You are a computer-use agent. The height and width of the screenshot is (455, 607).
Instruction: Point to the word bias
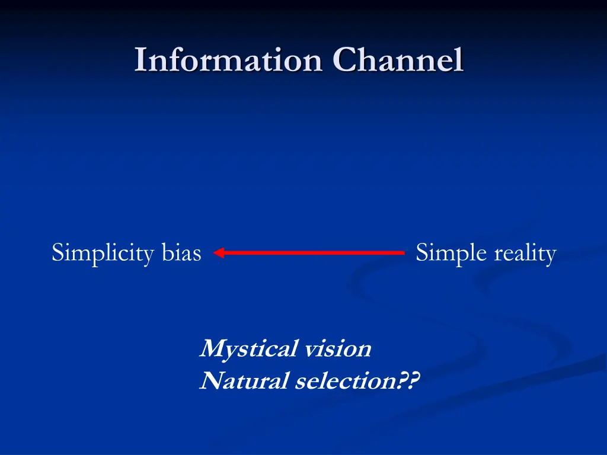181,253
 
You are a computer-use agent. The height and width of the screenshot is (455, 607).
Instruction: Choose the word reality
525,254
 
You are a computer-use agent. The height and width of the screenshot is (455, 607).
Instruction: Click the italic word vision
337,348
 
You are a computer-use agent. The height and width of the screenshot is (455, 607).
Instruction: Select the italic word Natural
244,381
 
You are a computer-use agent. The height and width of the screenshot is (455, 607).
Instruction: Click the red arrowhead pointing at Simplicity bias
218,253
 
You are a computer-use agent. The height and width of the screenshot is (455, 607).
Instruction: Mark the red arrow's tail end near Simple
402,253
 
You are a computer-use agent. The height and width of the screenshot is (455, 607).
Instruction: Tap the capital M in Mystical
212,348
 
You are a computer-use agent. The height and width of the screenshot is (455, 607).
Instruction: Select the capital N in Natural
210,381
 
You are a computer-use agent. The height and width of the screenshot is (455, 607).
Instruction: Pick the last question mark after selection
413,380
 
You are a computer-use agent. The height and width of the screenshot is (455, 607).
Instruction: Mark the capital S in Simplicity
58,253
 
